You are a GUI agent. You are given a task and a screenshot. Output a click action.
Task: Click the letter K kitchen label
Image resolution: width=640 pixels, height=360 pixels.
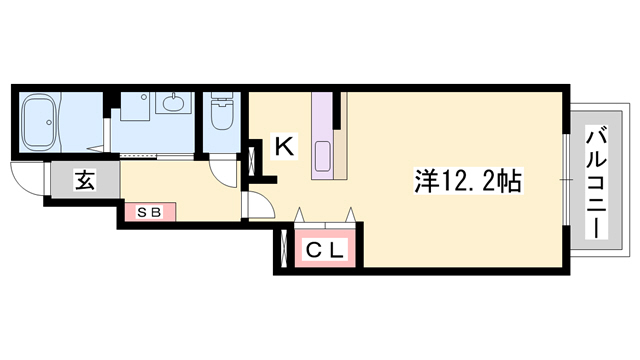pyautogui.click(x=283, y=147)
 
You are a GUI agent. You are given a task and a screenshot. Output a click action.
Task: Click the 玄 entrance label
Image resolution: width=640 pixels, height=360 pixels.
pyautogui.click(x=84, y=183)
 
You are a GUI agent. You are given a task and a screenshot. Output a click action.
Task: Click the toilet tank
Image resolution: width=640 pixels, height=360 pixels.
pyautogui.click(x=221, y=101)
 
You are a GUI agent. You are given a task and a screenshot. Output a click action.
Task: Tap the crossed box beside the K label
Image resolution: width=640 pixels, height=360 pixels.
pyautogui.click(x=253, y=159)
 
